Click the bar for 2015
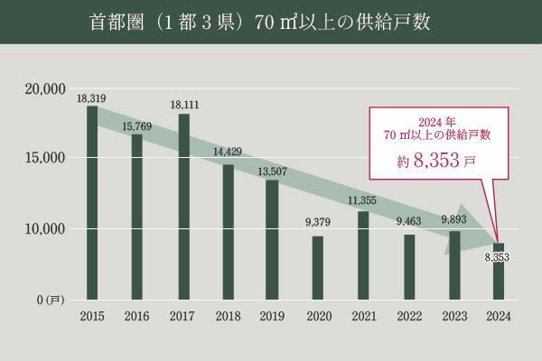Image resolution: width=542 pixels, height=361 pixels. click(92, 202)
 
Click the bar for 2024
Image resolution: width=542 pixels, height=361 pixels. click(498, 270)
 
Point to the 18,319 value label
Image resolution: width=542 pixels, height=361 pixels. click(92, 97)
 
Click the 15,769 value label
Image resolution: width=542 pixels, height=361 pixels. click(137, 127)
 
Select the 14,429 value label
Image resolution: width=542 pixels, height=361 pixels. click(228, 151)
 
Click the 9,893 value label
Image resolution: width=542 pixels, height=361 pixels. click(453, 218)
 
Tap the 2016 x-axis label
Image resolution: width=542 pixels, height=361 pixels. click(137, 315)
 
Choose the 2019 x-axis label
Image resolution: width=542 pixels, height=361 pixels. click(273, 315)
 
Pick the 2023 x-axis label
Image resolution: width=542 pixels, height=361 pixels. click(453, 315)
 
